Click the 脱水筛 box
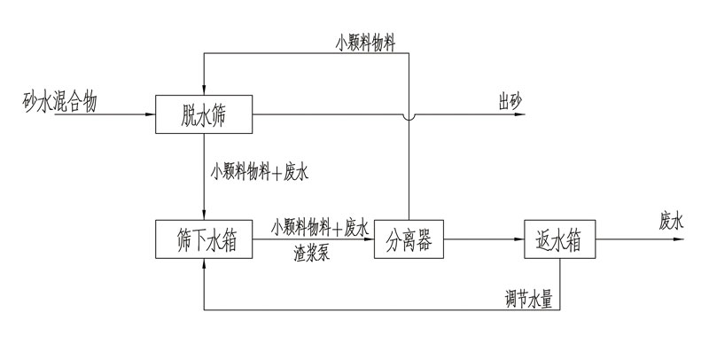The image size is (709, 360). click(x=205, y=113)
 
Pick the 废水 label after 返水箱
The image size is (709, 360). click(x=672, y=222)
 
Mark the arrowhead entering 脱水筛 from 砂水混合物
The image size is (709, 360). click(x=150, y=114)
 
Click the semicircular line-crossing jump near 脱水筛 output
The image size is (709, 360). click(x=409, y=114)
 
